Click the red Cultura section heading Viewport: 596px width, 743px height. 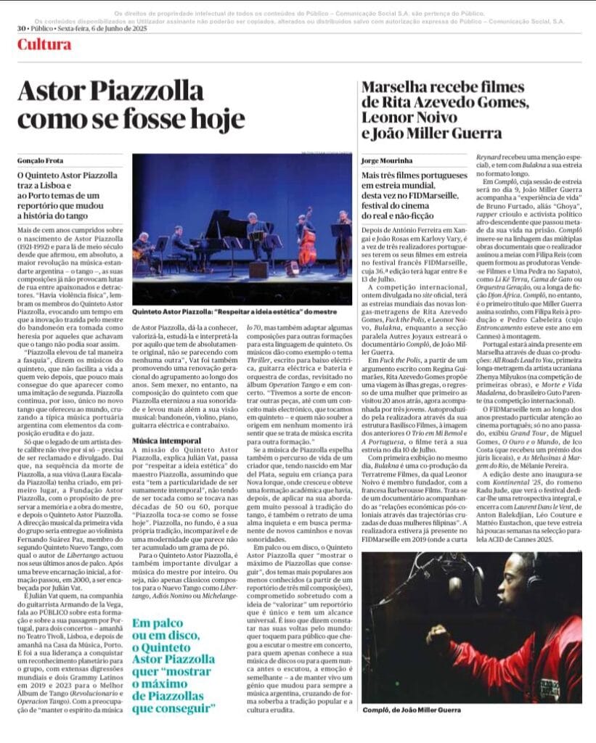44,45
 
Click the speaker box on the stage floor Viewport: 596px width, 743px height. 258,270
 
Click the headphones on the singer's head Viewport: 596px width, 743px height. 534,580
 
